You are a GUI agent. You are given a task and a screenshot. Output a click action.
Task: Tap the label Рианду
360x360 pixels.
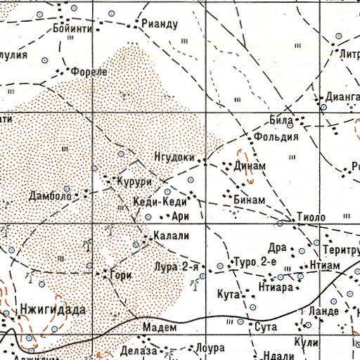pyautogui.click(x=162, y=24)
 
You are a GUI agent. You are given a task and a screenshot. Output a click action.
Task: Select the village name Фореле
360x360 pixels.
pyautogui.click(x=89, y=72)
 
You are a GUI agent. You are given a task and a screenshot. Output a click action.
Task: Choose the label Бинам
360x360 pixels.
pyautogui.click(x=249, y=200)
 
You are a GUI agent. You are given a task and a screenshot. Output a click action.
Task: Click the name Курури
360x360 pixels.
pyautogui.click(x=134, y=181)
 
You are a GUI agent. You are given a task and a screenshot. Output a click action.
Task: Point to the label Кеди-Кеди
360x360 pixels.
pyautogui.click(x=160, y=202)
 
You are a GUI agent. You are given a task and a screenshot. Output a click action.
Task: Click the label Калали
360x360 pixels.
pyautogui.click(x=172, y=237)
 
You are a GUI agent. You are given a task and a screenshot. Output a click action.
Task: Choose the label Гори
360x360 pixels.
pyautogui.click(x=117, y=276)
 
